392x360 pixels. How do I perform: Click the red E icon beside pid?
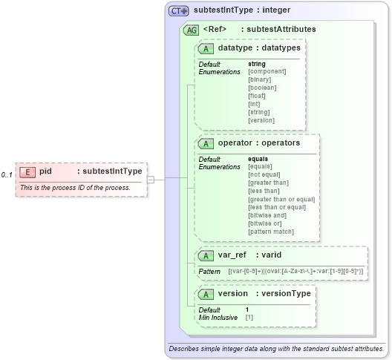(x=27, y=171)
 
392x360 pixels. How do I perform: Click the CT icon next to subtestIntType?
(x=179, y=11)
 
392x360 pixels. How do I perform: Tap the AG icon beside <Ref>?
(x=191, y=30)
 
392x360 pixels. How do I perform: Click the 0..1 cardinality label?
(x=7, y=174)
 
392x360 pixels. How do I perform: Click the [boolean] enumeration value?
(x=261, y=88)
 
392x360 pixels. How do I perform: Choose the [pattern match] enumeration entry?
(x=271, y=232)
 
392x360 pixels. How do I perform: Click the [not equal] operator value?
(x=263, y=174)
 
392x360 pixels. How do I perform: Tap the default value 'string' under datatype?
(x=256, y=64)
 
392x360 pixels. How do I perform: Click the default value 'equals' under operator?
(x=258, y=158)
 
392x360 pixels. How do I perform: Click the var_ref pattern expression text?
(x=295, y=272)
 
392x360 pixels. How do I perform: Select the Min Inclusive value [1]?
(x=249, y=318)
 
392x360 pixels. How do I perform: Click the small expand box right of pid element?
(x=151, y=179)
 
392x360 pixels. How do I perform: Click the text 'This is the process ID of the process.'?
(x=75, y=188)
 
